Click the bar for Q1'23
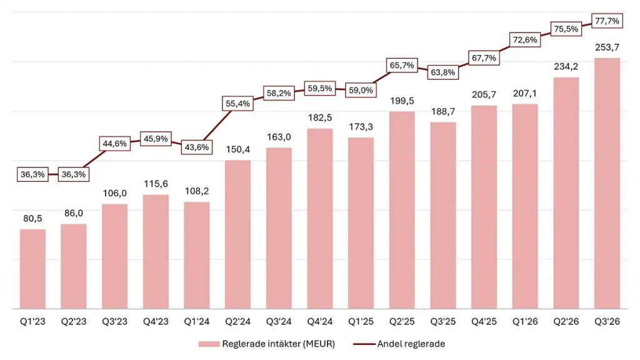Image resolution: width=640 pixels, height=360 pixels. [x=32, y=269]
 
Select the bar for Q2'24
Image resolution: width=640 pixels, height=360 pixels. [x=238, y=234]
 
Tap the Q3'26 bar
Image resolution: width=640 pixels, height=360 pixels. [x=607, y=183]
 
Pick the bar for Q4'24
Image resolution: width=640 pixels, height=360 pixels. [x=320, y=219]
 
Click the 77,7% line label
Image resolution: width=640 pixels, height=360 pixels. [x=607, y=21]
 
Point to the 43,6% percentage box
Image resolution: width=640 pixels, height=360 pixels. [x=197, y=147]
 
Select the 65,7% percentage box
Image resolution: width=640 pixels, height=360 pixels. [x=402, y=65]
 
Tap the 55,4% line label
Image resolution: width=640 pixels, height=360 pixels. [x=238, y=104]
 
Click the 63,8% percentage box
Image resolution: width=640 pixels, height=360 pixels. [x=443, y=72]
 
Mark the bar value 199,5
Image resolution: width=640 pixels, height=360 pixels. [x=402, y=101]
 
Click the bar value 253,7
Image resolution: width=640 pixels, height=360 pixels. [x=607, y=47]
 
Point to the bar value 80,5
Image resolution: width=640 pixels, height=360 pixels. [x=32, y=218]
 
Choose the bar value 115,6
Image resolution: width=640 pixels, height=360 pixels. [x=156, y=184]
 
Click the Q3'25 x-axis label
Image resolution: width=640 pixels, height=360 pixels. [x=443, y=322]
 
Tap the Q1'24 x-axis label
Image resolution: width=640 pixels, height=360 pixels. [x=197, y=322]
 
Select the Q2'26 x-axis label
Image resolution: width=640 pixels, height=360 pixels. [x=566, y=322]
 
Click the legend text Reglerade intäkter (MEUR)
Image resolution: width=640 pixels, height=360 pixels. [x=278, y=344]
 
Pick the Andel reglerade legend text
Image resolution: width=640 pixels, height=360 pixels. [x=411, y=344]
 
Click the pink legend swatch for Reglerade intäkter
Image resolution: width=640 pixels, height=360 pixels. [x=209, y=344]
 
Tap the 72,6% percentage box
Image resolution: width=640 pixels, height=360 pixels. [x=525, y=39]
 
